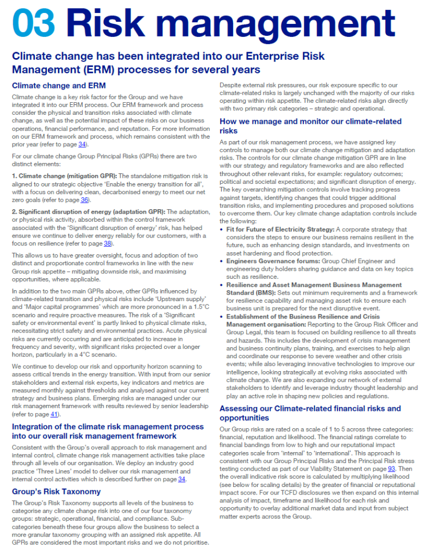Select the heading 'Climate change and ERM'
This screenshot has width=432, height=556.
(x=59, y=85)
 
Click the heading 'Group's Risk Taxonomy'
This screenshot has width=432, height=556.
(x=57, y=491)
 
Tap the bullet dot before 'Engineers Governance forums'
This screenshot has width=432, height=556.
(x=222, y=261)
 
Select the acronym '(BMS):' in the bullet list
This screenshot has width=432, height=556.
(x=237, y=292)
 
